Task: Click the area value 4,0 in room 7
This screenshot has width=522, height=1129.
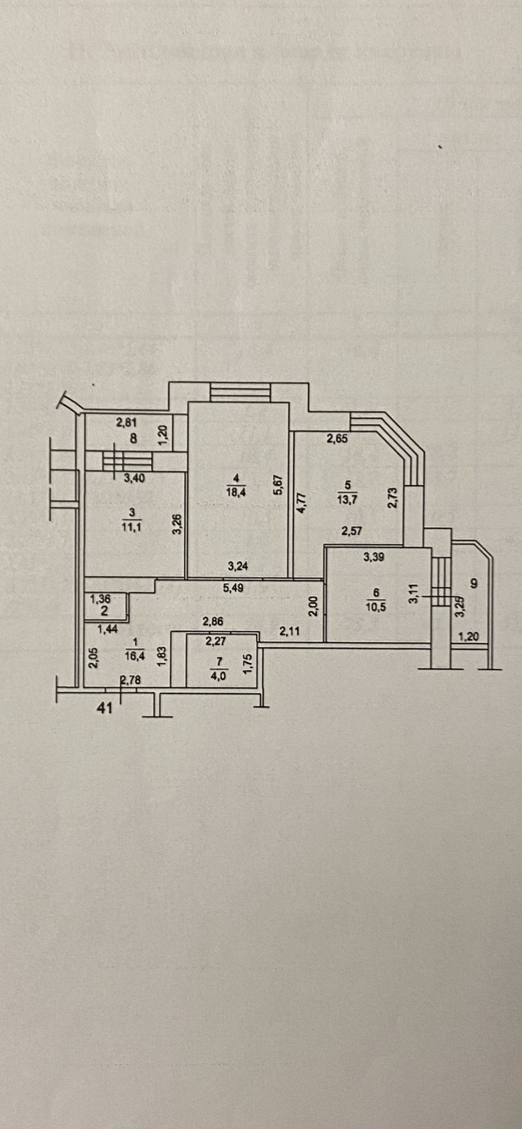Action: pyautogui.click(x=219, y=676)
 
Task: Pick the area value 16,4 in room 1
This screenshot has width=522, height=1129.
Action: pyautogui.click(x=135, y=655)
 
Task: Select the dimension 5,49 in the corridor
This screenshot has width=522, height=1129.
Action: pyautogui.click(x=235, y=589)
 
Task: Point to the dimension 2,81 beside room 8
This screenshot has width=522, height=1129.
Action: pyautogui.click(x=127, y=423)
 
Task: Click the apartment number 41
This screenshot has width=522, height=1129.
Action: pyautogui.click(x=104, y=708)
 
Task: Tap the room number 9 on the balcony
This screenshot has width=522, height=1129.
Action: pyautogui.click(x=474, y=584)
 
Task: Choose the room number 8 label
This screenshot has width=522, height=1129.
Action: pyautogui.click(x=133, y=438)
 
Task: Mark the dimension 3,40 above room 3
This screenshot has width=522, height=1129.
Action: pyautogui.click(x=134, y=478)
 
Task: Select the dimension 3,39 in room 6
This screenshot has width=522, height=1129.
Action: pyautogui.click(x=374, y=557)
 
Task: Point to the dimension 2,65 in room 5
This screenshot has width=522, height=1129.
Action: pyautogui.click(x=337, y=438)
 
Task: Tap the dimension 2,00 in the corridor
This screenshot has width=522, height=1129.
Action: pyautogui.click(x=313, y=607)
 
